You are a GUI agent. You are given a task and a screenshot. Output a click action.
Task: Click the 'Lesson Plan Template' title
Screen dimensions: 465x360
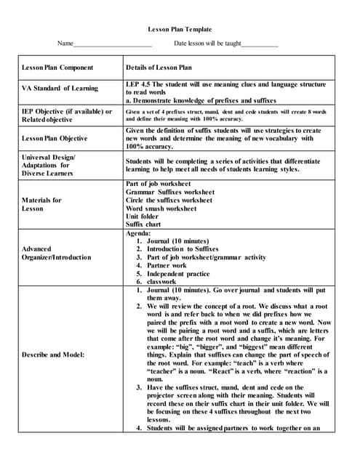pos(180,30)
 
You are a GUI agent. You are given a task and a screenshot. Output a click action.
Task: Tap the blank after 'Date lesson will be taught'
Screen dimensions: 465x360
pos(260,45)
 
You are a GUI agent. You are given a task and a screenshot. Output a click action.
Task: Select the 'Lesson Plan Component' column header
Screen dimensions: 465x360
pos(57,68)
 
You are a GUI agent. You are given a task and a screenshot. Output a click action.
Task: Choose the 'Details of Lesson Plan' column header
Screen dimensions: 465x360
pos(159,68)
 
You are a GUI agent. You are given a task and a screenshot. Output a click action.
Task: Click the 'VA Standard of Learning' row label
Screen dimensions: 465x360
pos(60,89)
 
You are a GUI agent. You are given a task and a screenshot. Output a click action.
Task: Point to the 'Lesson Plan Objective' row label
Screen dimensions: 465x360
pos(55,138)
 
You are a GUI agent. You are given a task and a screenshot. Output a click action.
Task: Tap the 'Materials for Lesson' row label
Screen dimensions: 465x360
pos(42,204)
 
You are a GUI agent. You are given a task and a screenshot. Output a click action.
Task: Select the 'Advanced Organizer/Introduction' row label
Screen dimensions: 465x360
pos(57,253)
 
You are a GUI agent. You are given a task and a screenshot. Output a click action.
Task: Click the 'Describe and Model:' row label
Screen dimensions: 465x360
pos(53,355)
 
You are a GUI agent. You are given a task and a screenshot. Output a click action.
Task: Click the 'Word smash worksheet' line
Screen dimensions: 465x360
pos(161,209)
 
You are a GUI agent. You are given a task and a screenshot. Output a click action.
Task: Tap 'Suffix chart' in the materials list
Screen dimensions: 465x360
pos(145,225)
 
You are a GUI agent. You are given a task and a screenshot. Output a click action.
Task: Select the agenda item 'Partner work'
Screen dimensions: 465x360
pos(169,265)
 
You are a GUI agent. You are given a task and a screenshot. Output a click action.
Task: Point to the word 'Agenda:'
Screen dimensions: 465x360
pos(138,232)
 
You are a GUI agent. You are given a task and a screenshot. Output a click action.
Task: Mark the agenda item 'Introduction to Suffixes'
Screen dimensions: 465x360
pos(183,248)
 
